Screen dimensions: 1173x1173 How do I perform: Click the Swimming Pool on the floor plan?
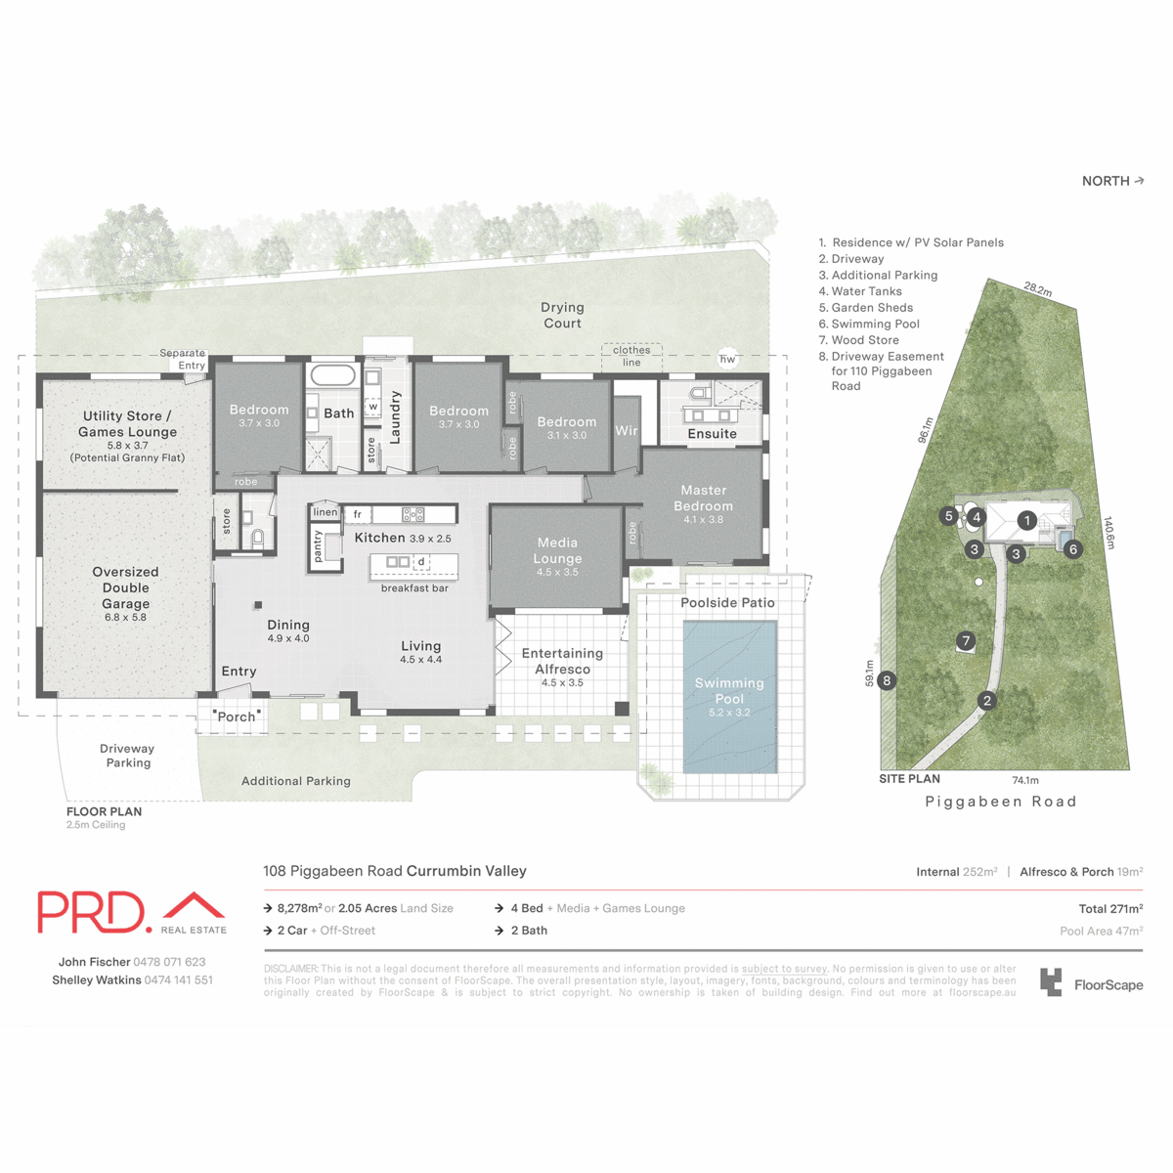pos(729,696)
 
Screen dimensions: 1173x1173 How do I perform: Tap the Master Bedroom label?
pos(703,498)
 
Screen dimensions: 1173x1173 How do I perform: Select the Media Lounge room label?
pos(557,550)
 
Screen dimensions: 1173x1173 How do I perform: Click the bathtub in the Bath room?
pos(333,375)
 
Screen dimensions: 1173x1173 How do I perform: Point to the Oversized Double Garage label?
pos(125,587)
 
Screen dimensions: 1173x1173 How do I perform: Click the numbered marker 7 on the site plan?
pos(966,641)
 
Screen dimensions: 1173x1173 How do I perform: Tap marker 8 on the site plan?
pos(887,680)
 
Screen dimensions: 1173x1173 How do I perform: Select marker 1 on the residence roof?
pos(1026,521)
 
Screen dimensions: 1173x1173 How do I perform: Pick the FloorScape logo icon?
pos(1051,982)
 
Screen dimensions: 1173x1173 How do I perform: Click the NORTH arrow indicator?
pos(1112,181)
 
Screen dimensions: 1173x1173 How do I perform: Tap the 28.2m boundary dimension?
pos(1038,289)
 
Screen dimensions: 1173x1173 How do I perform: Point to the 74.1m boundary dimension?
pos(1025,780)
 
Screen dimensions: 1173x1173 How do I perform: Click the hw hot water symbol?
pos(727,359)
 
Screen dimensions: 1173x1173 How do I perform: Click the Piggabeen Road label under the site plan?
pos(1001,802)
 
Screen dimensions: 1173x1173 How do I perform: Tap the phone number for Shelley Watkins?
pos(178,979)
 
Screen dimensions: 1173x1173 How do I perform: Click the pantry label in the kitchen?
pos(318,546)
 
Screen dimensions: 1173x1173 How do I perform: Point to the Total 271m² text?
pos(1110,908)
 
